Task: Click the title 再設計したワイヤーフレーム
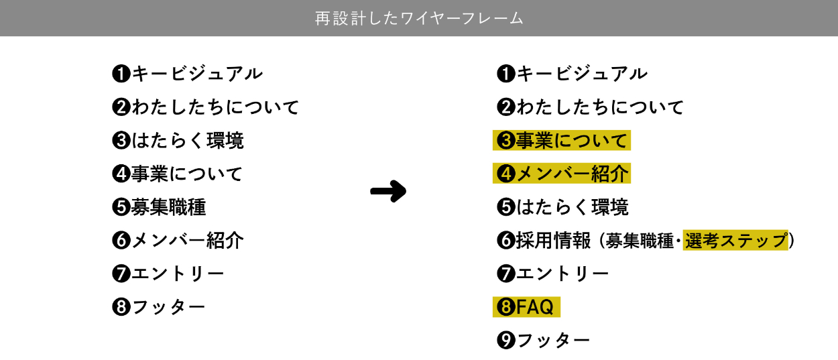pyautogui.click(x=419, y=18)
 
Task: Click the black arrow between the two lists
pyautogui.click(x=388, y=191)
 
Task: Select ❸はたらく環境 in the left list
pyautogui.click(x=178, y=141)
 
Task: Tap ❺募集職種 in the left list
pyautogui.click(x=159, y=207)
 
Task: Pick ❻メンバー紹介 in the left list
pyautogui.click(x=178, y=240)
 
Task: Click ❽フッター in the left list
pyautogui.click(x=159, y=307)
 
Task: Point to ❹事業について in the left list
pyautogui.click(x=178, y=174)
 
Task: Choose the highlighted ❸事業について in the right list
pyautogui.click(x=562, y=141)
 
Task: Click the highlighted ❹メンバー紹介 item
pyautogui.click(x=562, y=174)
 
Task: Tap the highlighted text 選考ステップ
pyautogui.click(x=735, y=241)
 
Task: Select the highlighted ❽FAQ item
pyautogui.click(x=526, y=307)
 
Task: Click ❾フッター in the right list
pyautogui.click(x=544, y=341)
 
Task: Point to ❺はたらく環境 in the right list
pyautogui.click(x=562, y=207)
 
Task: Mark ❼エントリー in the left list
pyautogui.click(x=168, y=274)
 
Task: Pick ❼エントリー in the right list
pyautogui.click(x=553, y=274)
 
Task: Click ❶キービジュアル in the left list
pyautogui.click(x=187, y=73)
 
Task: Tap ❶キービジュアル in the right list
pyautogui.click(x=572, y=73)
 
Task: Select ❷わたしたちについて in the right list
pyautogui.click(x=590, y=107)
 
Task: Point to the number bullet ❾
pyautogui.click(x=505, y=341)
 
